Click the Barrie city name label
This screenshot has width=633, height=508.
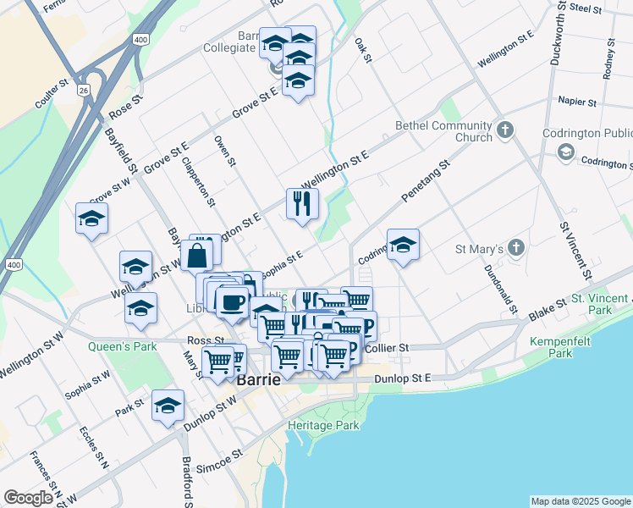click(258, 379)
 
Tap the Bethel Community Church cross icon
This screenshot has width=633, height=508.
click(505, 130)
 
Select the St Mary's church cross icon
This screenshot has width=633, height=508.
click(516, 249)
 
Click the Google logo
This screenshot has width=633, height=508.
click(28, 498)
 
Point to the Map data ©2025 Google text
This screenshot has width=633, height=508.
click(580, 501)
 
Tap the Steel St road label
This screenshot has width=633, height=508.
click(585, 8)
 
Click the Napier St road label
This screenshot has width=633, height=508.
click(578, 102)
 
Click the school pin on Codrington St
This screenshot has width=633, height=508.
click(403, 245)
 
